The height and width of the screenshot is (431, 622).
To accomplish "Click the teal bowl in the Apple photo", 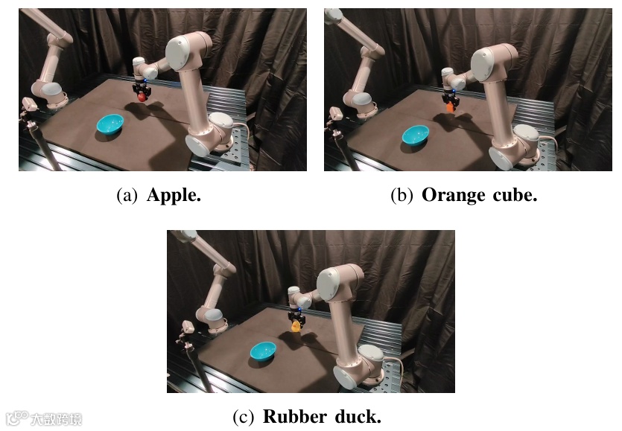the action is click(111, 124).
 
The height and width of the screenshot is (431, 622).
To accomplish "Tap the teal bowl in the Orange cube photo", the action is click(415, 135).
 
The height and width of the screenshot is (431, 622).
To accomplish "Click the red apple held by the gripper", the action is click(140, 95).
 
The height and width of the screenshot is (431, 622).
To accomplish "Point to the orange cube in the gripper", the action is click(449, 108).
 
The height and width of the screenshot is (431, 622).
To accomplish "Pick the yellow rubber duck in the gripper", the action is click(296, 325).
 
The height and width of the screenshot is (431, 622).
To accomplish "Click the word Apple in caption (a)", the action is click(174, 196).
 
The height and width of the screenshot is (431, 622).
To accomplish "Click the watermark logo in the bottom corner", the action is click(43, 418).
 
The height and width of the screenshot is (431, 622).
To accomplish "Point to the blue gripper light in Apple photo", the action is click(147, 80).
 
